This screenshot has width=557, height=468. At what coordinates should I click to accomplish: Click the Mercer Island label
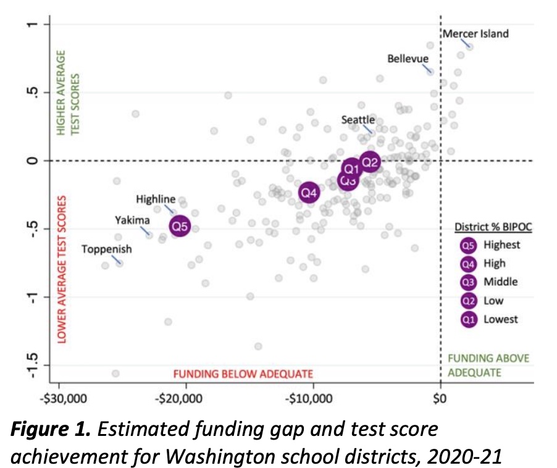[x=475, y=33]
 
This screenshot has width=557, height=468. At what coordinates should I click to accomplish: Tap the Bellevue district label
[x=408, y=59]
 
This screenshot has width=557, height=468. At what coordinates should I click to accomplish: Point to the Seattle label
[x=358, y=119]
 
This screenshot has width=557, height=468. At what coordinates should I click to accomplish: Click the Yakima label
[x=132, y=220]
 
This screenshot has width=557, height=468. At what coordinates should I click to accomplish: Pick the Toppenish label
[x=107, y=249]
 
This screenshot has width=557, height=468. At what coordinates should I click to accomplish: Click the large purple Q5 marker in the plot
[x=180, y=227]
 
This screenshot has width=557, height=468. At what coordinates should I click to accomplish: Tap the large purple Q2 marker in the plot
[x=370, y=162]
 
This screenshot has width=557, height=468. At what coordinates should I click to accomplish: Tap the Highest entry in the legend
[x=501, y=245]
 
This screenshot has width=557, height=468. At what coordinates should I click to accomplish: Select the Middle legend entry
[x=500, y=282]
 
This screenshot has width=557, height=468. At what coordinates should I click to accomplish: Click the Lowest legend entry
[x=500, y=319]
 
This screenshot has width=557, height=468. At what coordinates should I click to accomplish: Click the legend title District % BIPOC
[x=493, y=227]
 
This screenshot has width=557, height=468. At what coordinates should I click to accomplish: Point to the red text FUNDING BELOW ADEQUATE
[x=243, y=374]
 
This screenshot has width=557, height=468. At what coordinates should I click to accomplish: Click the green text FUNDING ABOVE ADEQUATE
[x=488, y=366]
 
